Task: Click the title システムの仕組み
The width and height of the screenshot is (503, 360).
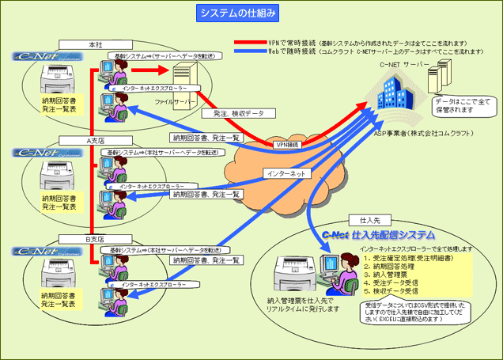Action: [236, 13]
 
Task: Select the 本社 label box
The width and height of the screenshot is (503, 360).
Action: [95, 44]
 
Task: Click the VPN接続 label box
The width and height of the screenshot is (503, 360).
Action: [286, 145]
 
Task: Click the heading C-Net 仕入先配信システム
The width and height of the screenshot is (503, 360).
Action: [378, 236]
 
